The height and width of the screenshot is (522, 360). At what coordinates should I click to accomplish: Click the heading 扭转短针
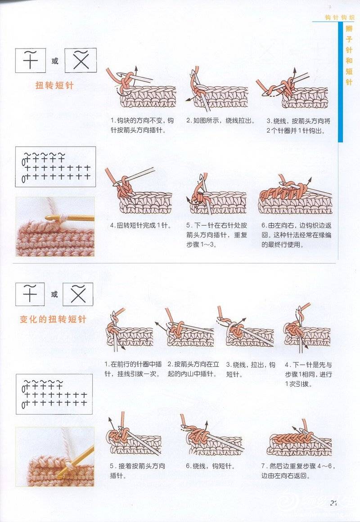(54, 85)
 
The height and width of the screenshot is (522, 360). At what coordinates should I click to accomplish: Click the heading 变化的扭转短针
(53, 319)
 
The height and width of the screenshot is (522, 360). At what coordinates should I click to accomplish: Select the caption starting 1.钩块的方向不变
(142, 125)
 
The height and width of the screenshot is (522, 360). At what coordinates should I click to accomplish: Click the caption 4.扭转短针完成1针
(141, 225)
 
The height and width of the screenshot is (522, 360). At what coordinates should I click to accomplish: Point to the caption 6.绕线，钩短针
(210, 466)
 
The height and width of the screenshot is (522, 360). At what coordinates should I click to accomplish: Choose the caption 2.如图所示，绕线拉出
(220, 120)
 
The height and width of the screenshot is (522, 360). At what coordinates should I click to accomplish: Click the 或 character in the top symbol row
(54, 61)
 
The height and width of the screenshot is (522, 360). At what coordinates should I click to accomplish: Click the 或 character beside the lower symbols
(54, 294)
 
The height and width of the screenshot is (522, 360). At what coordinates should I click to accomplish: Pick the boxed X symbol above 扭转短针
(81, 60)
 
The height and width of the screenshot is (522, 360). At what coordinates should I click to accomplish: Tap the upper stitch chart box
(56, 166)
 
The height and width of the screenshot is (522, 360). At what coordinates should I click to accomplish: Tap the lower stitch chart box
(54, 394)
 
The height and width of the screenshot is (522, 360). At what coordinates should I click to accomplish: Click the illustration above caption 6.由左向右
(296, 195)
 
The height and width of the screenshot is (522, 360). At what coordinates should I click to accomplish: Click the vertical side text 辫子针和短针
(349, 55)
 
